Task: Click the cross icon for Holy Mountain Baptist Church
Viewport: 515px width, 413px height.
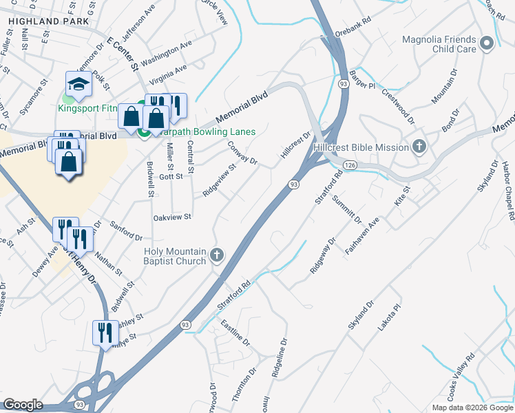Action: pyautogui.click(x=217, y=256)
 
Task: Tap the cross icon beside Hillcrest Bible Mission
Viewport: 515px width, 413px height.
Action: pyautogui.click(x=419, y=146)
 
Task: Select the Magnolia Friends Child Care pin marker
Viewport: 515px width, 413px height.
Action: pyautogui.click(x=487, y=45)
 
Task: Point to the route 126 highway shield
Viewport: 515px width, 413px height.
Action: pyautogui.click(x=350, y=165)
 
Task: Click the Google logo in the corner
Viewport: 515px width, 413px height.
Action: pyautogui.click(x=23, y=405)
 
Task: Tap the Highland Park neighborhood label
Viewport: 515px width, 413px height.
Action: pyautogui.click(x=49, y=22)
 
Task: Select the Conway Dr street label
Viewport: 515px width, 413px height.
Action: pyautogui.click(x=242, y=153)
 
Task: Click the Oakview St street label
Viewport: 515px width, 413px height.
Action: pyautogui.click(x=171, y=216)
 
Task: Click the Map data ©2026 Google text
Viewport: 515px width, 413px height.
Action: pyautogui.click(x=472, y=407)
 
